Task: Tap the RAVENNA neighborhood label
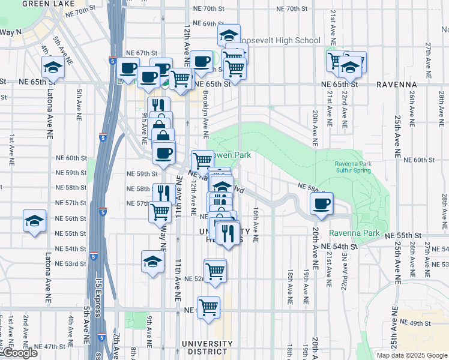tap(396, 85)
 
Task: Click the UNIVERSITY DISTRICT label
tap(206, 344)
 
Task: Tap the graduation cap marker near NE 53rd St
tap(153, 261)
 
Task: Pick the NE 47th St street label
tap(49, 347)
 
